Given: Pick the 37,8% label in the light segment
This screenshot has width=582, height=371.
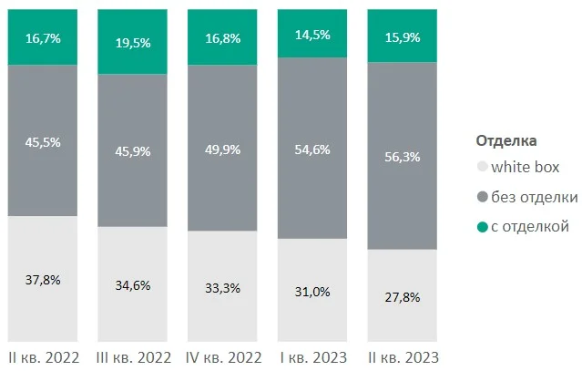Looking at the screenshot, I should point(43,280).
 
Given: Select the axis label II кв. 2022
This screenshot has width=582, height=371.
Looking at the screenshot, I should point(43,356).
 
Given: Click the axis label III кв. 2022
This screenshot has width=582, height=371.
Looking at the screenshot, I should point(132,356).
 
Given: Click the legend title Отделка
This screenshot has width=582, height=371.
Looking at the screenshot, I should point(506,140).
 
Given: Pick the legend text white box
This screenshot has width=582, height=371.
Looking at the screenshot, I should point(526,168).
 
